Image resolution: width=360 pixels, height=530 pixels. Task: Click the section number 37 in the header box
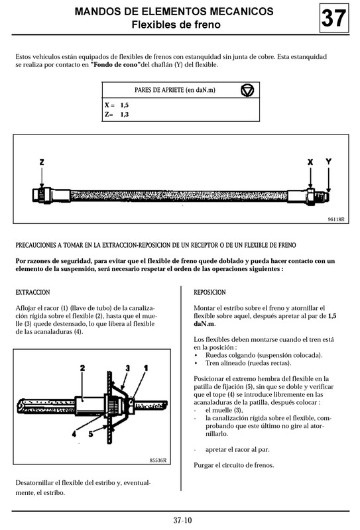coord(333,19)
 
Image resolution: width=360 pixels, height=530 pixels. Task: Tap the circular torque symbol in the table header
coord(247,89)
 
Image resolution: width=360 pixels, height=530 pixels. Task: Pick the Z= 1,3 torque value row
coord(117,115)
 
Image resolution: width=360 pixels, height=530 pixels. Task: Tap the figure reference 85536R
coord(157,461)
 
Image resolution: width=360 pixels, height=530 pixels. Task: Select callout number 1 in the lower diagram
coord(145,367)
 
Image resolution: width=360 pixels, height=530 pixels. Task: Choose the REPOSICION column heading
coord(210,292)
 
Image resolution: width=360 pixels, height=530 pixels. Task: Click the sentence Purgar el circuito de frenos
coord(233,464)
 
